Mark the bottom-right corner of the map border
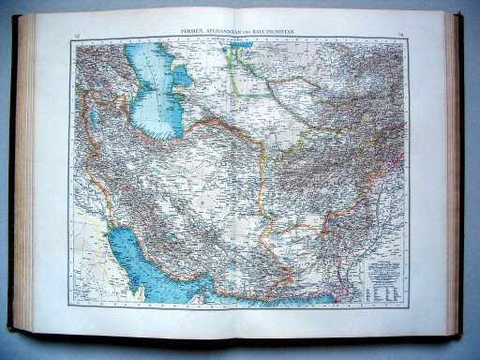point(409,306)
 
